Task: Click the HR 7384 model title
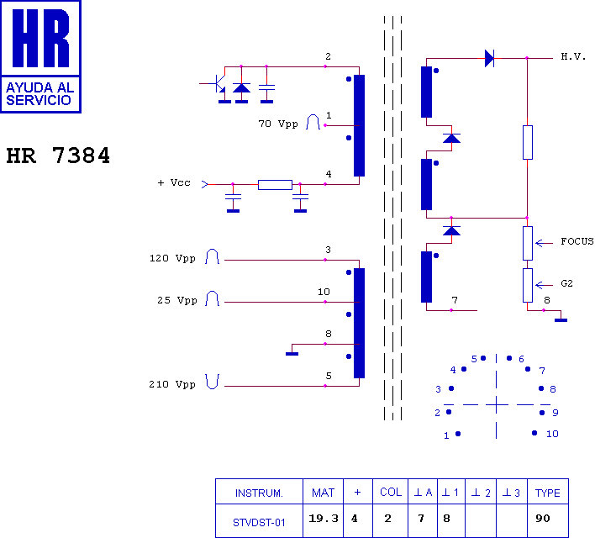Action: point(58,156)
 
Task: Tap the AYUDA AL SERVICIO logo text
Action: point(39,94)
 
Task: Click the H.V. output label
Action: point(573,57)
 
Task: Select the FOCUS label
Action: point(577,241)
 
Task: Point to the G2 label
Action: point(566,283)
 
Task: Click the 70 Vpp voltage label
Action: point(278,124)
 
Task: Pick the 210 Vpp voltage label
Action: point(172,384)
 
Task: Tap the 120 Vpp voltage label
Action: point(172,258)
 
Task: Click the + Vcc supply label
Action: point(174,182)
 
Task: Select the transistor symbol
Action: point(217,83)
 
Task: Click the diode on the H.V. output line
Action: point(489,59)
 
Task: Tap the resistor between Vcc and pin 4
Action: point(275,185)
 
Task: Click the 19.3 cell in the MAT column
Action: point(324,519)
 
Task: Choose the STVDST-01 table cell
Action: point(259,523)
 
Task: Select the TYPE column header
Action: point(548,493)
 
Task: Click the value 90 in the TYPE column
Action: point(543,519)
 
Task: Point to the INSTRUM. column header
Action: point(259,493)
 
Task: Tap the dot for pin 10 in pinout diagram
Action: point(534,433)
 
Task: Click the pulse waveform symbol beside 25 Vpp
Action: point(212,298)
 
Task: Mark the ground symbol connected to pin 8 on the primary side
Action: point(292,354)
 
